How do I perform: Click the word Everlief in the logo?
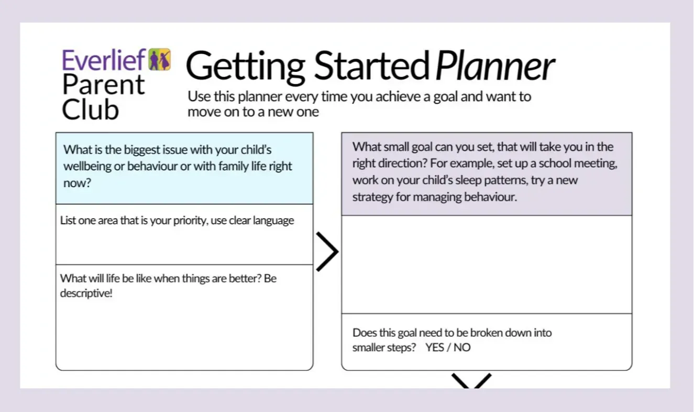pyautogui.click(x=104, y=60)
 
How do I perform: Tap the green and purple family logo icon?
pyautogui.click(x=160, y=59)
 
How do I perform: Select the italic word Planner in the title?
pyautogui.click(x=495, y=66)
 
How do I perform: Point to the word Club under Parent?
pyautogui.click(x=90, y=109)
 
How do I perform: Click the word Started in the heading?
pyautogui.click(x=372, y=66)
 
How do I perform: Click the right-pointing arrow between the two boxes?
pyautogui.click(x=327, y=252)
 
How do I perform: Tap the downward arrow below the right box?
pyautogui.click(x=471, y=381)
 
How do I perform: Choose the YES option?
pyautogui.click(x=435, y=348)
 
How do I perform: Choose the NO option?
pyautogui.click(x=462, y=348)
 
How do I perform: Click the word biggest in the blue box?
pyautogui.click(x=142, y=150)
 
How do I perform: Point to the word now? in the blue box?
pyautogui.click(x=77, y=183)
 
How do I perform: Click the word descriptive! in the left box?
pyautogui.click(x=86, y=293)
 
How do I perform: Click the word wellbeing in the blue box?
pyautogui.click(x=87, y=167)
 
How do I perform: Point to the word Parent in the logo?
pyautogui.click(x=103, y=85)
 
